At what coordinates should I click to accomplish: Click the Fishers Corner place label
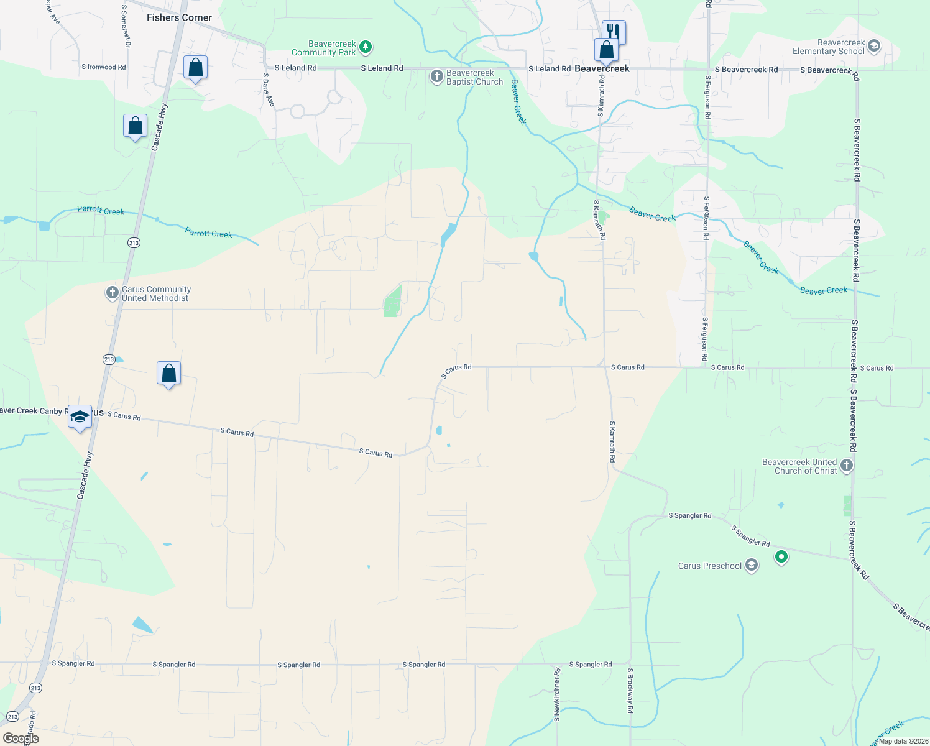pos(179,17)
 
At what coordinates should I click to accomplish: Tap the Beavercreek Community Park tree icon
pos(366,47)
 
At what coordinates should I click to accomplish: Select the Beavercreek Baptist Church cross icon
pos(437,77)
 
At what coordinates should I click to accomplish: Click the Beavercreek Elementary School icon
pos(873,46)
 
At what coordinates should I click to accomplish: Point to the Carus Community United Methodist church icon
pos(112,293)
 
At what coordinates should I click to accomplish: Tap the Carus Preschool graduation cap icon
pos(752,566)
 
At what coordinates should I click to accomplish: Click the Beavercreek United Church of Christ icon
pos(846,466)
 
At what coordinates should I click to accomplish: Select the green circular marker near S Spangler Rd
pos(781,556)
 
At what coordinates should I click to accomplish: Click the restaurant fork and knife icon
pos(614,31)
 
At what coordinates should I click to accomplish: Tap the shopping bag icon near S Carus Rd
pos(169,374)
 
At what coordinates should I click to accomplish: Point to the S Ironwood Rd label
pos(103,67)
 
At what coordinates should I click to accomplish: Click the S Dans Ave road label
pos(269,90)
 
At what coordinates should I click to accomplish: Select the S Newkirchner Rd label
pos(557,694)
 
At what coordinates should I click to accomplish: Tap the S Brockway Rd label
pos(630,690)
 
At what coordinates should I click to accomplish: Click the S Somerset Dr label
pos(126,27)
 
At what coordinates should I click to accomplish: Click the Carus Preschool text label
pos(709,566)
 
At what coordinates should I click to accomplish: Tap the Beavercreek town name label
pos(602,68)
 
